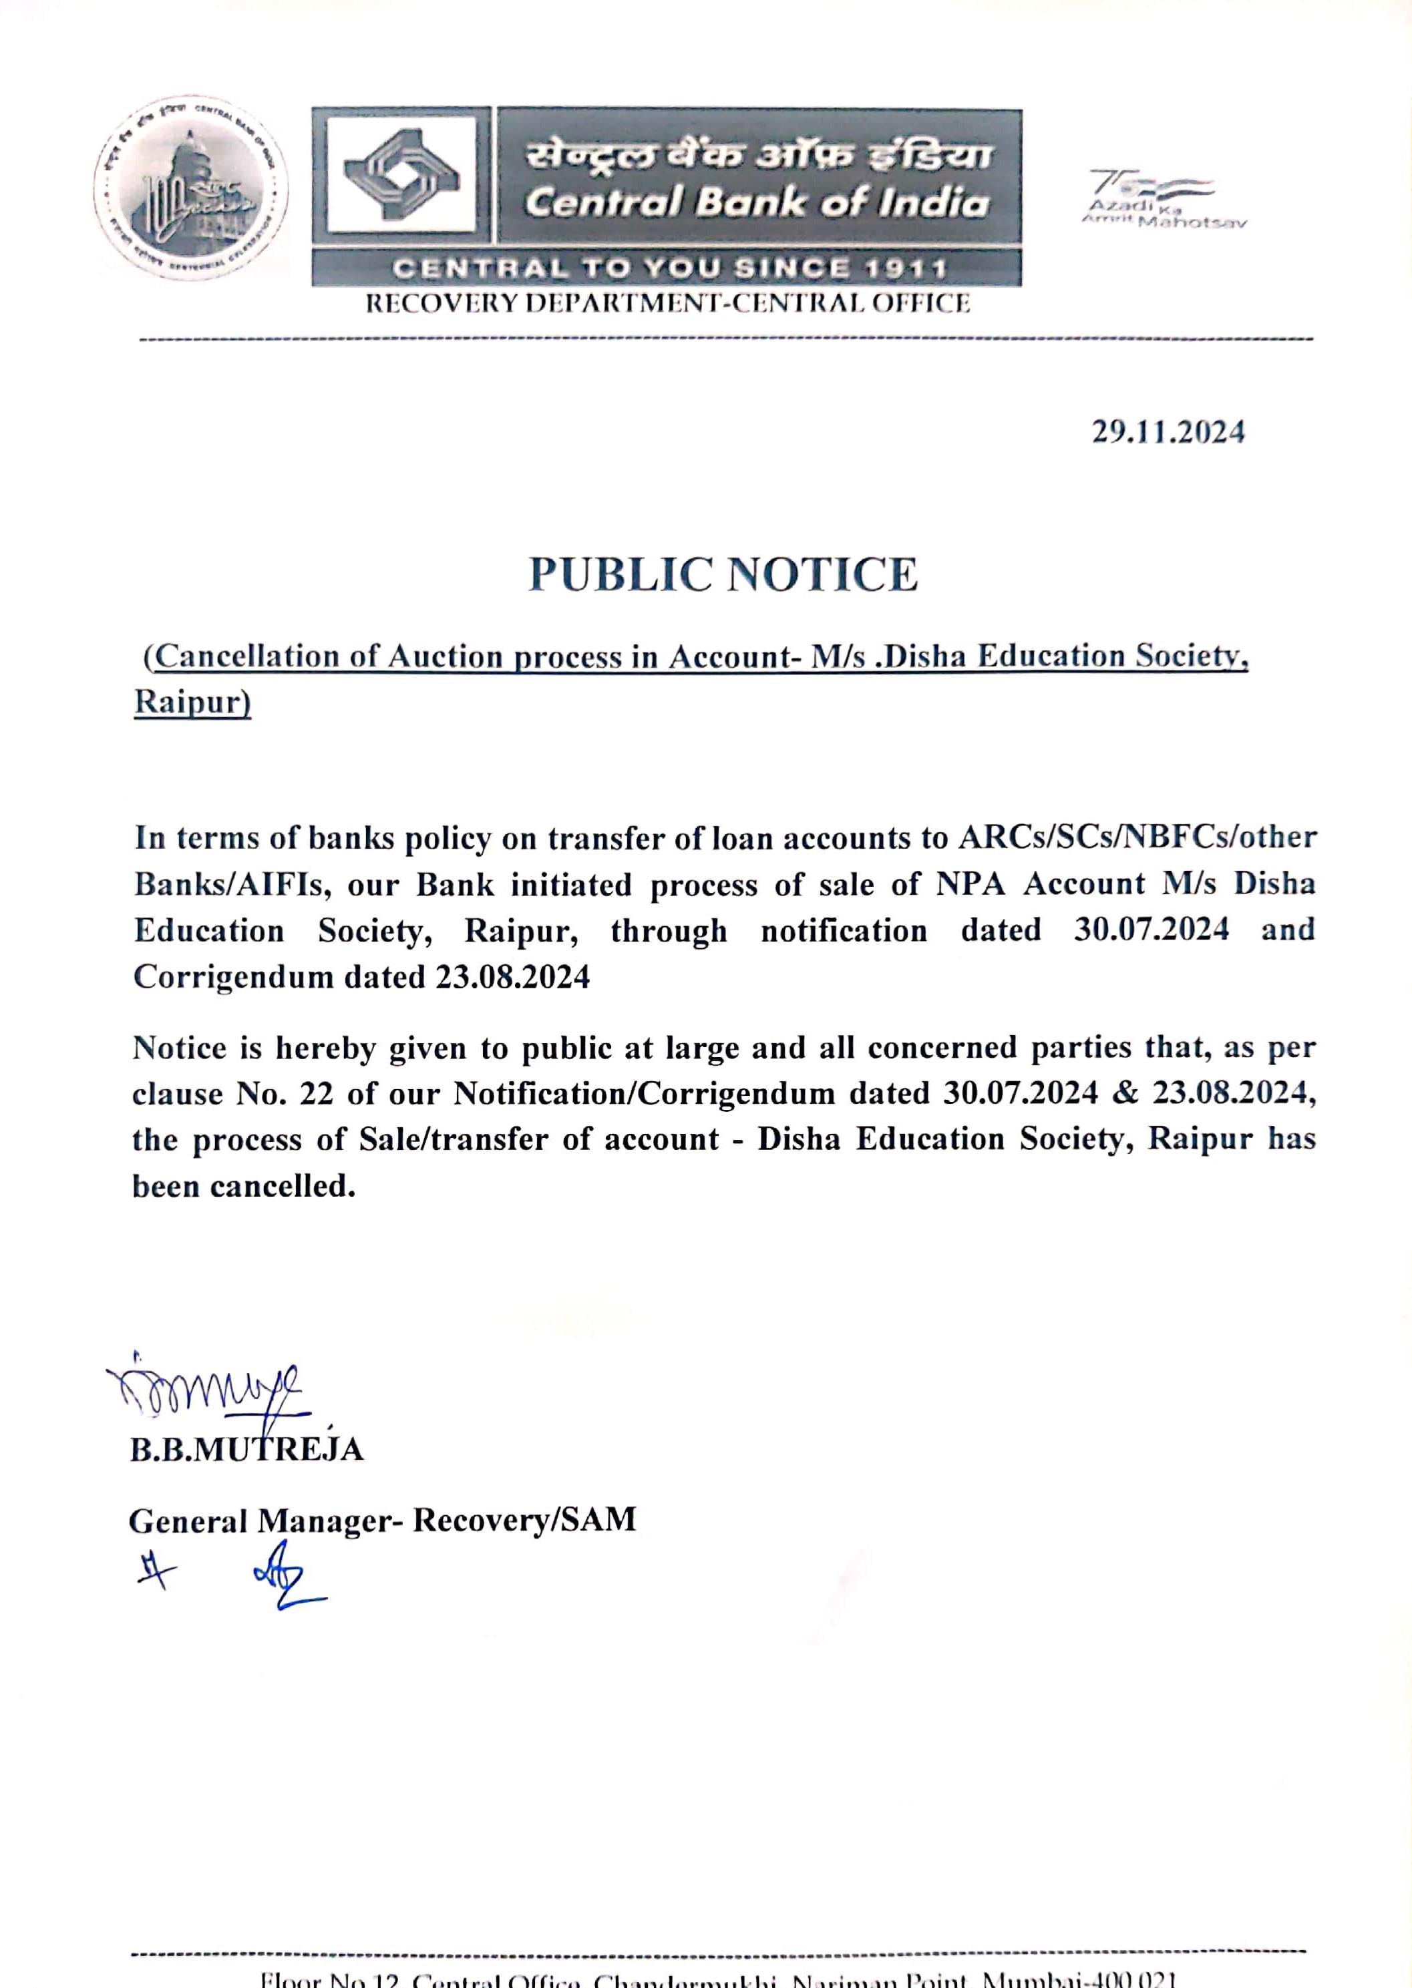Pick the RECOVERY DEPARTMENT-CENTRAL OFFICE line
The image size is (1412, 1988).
pos(667,303)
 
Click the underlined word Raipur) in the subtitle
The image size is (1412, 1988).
pos(192,703)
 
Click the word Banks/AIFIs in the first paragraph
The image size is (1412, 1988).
pos(228,885)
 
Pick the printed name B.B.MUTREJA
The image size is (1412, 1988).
pos(247,1450)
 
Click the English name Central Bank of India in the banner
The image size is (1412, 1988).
pos(756,202)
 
